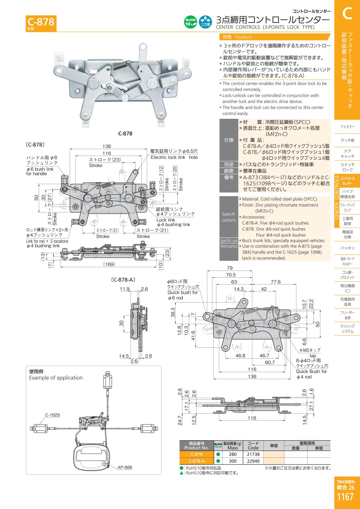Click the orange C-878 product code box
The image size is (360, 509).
41,22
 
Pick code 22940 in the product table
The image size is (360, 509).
253,461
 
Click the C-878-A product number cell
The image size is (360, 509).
196,461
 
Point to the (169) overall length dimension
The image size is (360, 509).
109,264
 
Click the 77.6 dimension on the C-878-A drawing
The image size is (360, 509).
275,282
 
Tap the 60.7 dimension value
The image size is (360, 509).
270,362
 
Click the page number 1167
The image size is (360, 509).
345,497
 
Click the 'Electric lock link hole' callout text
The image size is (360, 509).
174,157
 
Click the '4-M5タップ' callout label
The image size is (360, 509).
310,350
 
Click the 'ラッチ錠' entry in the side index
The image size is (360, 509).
347,140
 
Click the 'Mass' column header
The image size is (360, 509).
232,448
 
